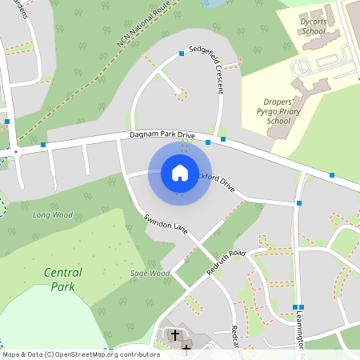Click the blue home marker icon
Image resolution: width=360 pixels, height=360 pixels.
tap(180, 173)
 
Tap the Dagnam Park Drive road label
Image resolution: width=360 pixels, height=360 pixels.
tap(162, 136)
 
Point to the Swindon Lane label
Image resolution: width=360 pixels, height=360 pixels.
tap(166, 224)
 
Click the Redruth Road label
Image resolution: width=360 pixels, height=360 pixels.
tap(226, 263)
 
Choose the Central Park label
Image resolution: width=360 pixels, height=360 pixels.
tap(62, 279)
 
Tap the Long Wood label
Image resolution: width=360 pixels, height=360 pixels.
tap(52, 214)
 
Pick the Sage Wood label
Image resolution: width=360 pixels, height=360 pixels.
tap(150, 273)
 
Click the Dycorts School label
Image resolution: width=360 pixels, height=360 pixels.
tap(314, 26)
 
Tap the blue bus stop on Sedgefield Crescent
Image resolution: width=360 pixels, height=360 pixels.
tap(182, 54)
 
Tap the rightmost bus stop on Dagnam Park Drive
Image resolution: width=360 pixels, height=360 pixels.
tap(331, 174)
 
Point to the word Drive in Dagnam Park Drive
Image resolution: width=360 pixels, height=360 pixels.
tap(186, 135)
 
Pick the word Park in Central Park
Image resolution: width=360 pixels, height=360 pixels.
tap(62, 286)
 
